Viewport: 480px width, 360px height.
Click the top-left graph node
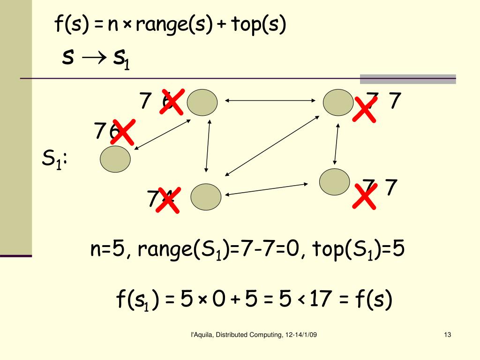pos(202,103)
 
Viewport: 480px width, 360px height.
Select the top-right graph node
pos(338,102)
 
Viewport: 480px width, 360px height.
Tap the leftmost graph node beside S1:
pos(115,159)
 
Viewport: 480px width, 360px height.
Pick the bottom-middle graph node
pos(206,196)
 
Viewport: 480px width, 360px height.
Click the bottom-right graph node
pos(335,182)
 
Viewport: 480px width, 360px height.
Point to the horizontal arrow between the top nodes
pos(270,100)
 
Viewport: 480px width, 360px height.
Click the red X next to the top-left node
pos(171,101)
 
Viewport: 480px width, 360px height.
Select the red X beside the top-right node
pos(364,109)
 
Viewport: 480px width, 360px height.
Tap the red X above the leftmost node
pos(123,132)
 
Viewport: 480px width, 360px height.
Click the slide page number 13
pos(447,335)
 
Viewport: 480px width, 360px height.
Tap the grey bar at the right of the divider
pos(407,79)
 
